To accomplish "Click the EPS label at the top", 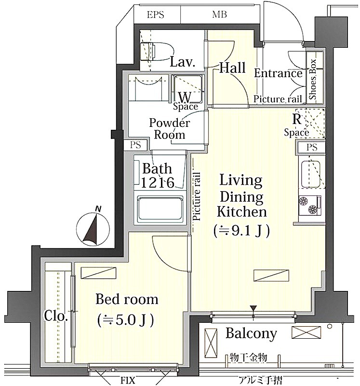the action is pyautogui.click(x=155, y=15).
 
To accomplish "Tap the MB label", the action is pyautogui.click(x=219, y=15).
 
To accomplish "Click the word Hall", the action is pyautogui.click(x=232, y=68).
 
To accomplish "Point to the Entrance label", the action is pyautogui.click(x=278, y=73).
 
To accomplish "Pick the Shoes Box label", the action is pyautogui.click(x=313, y=79).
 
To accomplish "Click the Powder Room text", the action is pyautogui.click(x=170, y=128).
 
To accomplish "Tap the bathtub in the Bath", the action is pyautogui.click(x=160, y=208).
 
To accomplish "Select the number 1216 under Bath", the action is pyautogui.click(x=158, y=182).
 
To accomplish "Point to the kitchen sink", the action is pyautogui.click(x=311, y=174).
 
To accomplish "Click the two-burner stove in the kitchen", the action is pyautogui.click(x=310, y=206).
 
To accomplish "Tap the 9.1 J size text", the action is pyautogui.click(x=242, y=231).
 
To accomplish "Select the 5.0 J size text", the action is pyautogui.click(x=126, y=320).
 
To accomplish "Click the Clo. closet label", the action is pyautogui.click(x=56, y=316).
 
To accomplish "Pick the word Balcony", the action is pyautogui.click(x=251, y=334).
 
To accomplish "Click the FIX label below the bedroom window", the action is pyautogui.click(x=128, y=381).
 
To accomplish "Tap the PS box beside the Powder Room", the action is pyautogui.click(x=136, y=145).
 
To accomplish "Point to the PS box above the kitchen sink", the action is pyautogui.click(x=311, y=147).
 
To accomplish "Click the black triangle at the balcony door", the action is pyautogui.click(x=253, y=308).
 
